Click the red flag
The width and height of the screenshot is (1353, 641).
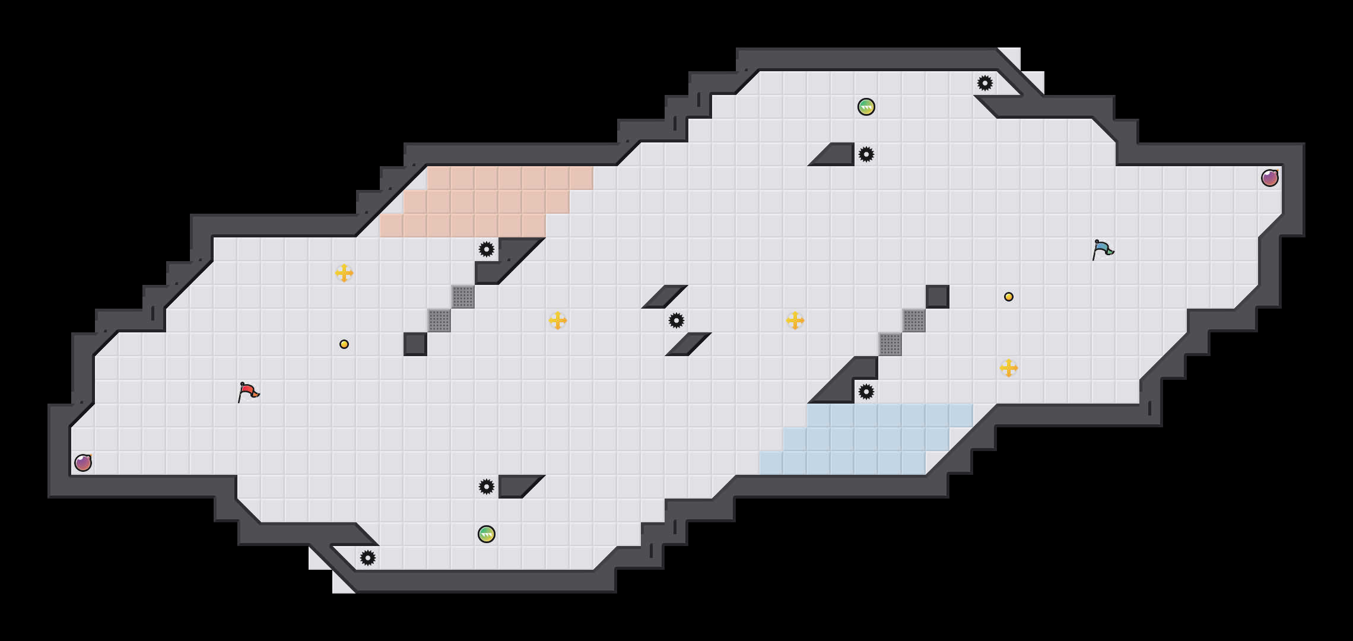[248, 392]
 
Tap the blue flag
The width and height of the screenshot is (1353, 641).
[1103, 249]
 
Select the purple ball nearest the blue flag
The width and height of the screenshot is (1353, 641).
[1269, 178]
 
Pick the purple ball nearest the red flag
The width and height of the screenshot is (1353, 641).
[83, 463]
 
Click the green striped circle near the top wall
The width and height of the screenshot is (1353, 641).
[866, 107]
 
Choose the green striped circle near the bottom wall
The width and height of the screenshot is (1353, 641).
[487, 534]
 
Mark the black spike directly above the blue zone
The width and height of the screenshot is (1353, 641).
[866, 392]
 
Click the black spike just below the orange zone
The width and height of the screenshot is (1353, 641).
[487, 249]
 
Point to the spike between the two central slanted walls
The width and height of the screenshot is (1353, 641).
[676, 320]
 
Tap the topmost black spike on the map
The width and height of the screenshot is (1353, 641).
[985, 83]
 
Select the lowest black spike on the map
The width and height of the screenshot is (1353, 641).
[368, 558]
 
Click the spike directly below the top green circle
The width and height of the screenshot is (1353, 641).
[866, 154]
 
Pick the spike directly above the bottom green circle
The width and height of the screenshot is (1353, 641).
[487, 487]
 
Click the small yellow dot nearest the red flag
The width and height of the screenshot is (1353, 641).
[344, 344]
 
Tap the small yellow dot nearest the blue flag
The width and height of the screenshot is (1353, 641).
[1009, 297]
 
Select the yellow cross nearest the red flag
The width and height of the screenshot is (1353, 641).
[344, 273]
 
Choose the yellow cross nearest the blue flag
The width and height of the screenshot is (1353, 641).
[1009, 368]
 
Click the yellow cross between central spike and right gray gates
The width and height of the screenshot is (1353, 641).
[795, 320]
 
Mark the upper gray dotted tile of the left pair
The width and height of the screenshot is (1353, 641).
[463, 297]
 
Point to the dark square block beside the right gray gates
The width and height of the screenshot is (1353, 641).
[938, 297]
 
